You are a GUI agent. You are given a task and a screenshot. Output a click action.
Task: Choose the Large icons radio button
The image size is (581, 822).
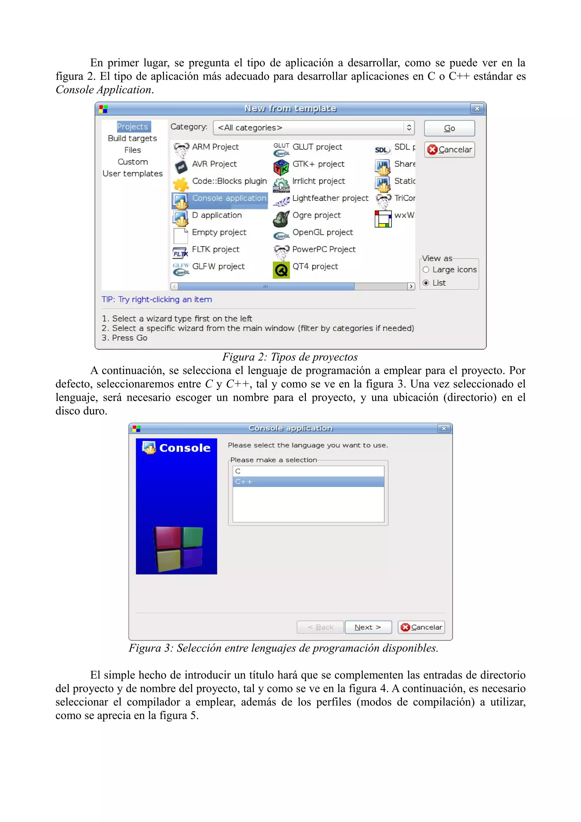click(x=426, y=269)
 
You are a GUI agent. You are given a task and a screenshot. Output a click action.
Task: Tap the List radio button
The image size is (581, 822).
click(x=426, y=283)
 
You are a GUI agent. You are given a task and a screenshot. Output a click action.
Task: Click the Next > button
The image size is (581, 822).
click(x=368, y=627)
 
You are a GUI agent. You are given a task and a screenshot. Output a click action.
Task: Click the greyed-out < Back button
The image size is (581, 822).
click(x=320, y=627)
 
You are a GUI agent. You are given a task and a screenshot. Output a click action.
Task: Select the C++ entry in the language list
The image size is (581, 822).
click(x=308, y=482)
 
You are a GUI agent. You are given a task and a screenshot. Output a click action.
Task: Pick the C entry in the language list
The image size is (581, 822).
click(x=308, y=471)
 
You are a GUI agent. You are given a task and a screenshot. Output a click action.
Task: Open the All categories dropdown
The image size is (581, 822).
click(x=313, y=128)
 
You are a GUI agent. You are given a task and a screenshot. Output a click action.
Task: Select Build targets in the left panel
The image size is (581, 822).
click(x=132, y=138)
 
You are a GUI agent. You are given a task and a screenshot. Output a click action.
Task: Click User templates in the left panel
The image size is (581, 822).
click(x=132, y=174)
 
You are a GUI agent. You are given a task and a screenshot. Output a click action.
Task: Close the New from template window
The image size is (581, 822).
click(x=477, y=108)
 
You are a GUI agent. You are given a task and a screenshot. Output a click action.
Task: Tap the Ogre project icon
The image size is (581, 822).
click(x=281, y=219)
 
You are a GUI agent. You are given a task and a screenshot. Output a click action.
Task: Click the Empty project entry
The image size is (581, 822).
click(x=219, y=232)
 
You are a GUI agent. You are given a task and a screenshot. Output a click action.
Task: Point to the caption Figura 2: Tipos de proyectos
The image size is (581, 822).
click(x=290, y=357)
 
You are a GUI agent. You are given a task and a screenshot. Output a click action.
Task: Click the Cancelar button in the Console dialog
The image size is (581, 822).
click(x=421, y=627)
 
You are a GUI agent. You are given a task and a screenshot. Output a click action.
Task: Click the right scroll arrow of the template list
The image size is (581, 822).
click(x=411, y=286)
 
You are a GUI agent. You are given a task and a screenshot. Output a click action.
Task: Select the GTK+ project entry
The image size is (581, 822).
click(x=318, y=164)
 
